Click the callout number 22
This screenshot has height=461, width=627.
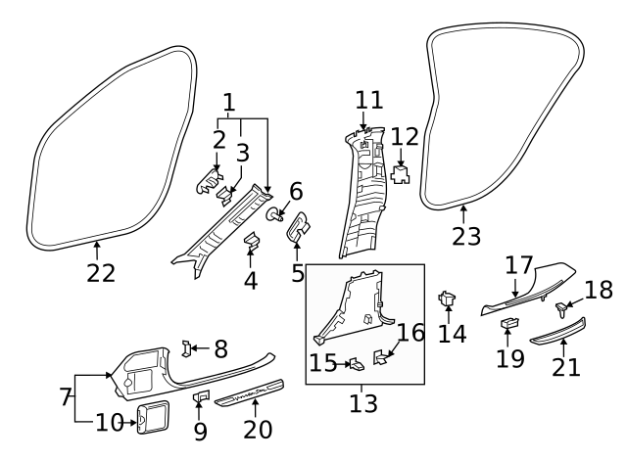pyautogui.click(x=100, y=273)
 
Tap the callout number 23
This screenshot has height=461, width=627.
pyautogui.click(x=468, y=236)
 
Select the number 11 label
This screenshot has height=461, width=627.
pyautogui.click(x=369, y=100)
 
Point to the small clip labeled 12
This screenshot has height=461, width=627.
pyautogui.click(x=401, y=175)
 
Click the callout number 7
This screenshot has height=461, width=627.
pyautogui.click(x=65, y=398)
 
